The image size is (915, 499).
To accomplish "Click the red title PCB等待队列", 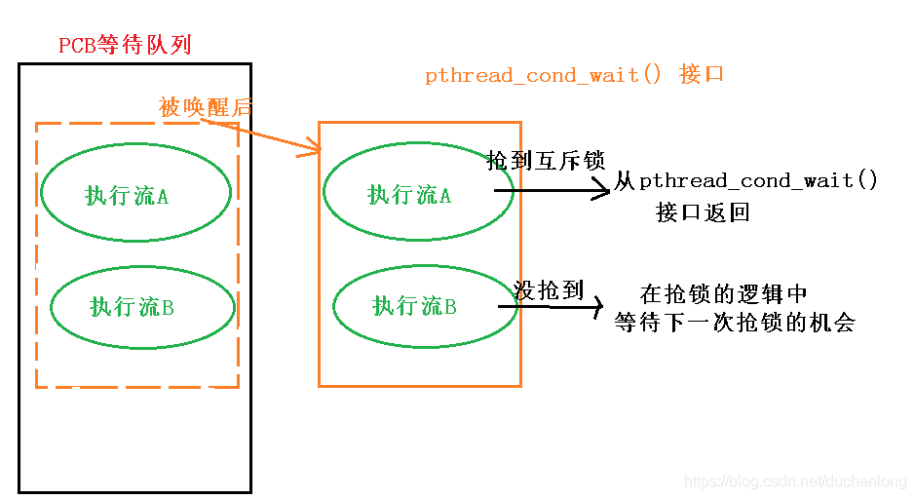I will [x=125, y=45].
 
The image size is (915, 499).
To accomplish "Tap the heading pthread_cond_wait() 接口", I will [x=574, y=75].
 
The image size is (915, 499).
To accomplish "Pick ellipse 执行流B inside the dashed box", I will [x=142, y=307].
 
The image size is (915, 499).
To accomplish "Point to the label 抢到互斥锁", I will [x=546, y=161].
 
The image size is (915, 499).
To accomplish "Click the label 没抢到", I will [x=549, y=289].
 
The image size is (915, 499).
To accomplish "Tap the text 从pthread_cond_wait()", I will [x=745, y=181].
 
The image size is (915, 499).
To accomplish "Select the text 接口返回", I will [x=703, y=212].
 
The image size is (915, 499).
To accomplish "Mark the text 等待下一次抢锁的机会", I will [x=734, y=323].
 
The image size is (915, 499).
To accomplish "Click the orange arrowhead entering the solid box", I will [x=312, y=149].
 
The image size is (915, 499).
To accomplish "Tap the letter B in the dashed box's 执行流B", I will [x=168, y=308].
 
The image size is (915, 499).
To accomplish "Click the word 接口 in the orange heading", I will [x=702, y=75].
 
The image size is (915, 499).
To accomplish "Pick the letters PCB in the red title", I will [x=77, y=46].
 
